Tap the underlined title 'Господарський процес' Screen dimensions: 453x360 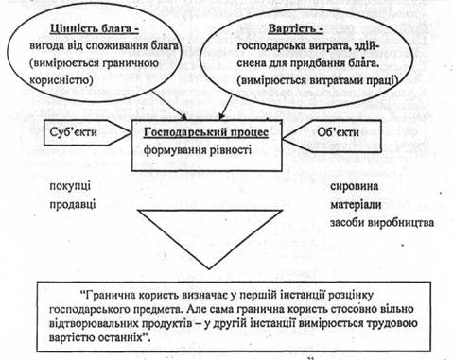coord(206,132)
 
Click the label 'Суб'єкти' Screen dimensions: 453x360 coord(74,131)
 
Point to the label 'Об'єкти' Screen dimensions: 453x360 coord(338,131)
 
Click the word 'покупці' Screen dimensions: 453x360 coord(70,186)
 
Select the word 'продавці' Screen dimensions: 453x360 coord(73,204)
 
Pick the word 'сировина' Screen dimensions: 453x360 coord(354,186)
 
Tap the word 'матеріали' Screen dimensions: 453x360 coord(356,205)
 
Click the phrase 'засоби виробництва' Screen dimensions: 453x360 coord(382,223)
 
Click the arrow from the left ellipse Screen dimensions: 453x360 coord(169,106)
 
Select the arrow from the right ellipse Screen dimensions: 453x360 coord(226,108)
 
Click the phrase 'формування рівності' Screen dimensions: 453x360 coord(198,150)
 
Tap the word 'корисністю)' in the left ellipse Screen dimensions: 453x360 coord(61,80)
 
